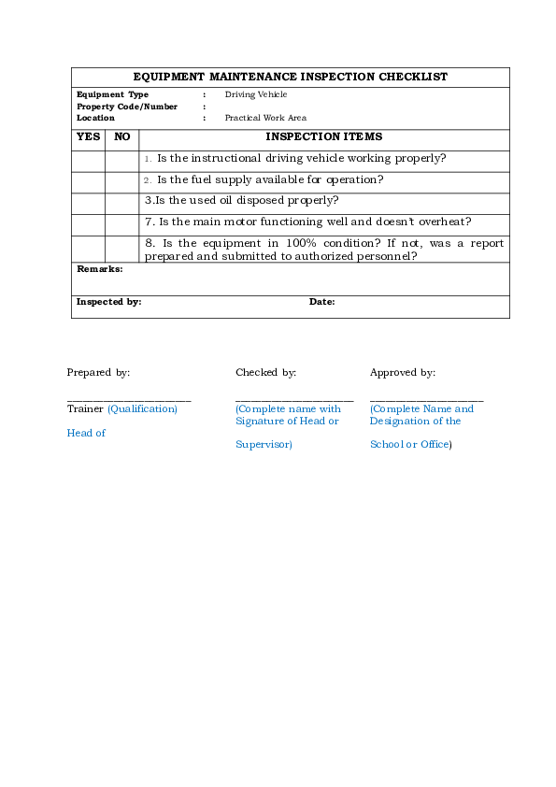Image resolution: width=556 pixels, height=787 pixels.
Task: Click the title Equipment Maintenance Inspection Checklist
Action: point(290,77)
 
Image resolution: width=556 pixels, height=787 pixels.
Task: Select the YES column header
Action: point(88,137)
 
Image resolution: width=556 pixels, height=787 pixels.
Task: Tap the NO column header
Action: point(121,137)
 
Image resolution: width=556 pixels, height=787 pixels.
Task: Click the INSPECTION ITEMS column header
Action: point(323,137)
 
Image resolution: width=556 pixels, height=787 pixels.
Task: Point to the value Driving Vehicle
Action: point(255,94)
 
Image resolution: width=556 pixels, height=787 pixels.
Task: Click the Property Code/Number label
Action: point(126,107)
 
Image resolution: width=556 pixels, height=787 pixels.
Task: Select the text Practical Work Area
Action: point(265,118)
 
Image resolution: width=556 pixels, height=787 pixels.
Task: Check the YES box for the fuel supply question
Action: point(88,182)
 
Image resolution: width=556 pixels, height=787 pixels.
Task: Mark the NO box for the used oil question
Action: point(121,203)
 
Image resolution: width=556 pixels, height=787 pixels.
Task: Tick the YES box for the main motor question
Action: point(88,224)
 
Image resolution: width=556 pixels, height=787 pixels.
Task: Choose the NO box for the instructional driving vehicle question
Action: point(121,161)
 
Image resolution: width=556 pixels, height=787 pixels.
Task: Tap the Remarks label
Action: point(99,269)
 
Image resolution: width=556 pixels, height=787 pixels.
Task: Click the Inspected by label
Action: point(108,302)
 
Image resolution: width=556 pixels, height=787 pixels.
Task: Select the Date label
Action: point(321,302)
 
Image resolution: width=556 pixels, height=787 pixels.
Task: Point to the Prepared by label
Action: point(98,373)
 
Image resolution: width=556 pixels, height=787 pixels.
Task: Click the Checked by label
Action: point(265,373)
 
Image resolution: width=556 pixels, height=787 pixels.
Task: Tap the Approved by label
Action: point(402,373)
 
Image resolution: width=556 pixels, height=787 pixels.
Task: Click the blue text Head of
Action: point(86,433)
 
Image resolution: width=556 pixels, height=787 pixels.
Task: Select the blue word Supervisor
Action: point(264,445)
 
